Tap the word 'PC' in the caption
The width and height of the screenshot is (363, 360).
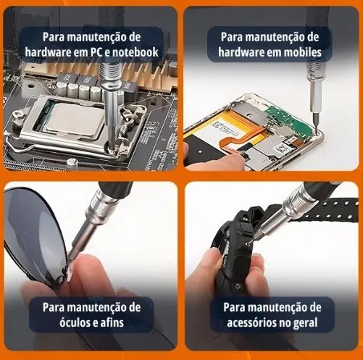96,52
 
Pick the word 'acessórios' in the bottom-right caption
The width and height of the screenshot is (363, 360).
251,322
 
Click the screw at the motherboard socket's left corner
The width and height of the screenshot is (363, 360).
19,114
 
